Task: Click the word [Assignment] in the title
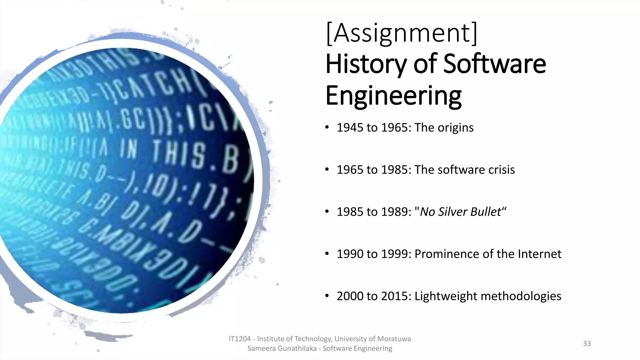[x=402, y=33]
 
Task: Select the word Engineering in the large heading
[x=393, y=96]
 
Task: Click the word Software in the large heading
[x=494, y=64]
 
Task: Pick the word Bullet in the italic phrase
[x=486, y=212]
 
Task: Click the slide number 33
[x=587, y=344]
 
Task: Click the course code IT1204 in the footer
[x=240, y=339]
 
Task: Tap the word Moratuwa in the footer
[x=394, y=339]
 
